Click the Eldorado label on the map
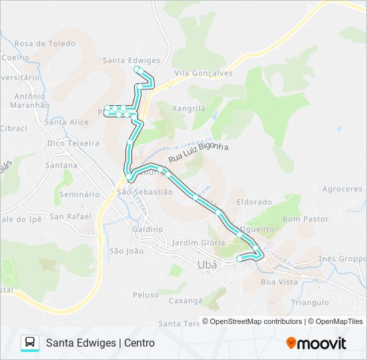coord(254,201)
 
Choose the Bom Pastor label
coord(306,219)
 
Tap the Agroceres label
coord(342,189)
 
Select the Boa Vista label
coord(279,282)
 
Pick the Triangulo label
coord(310,302)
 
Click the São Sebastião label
coord(144,191)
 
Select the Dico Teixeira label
coord(73,143)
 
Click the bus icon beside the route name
coord(30,343)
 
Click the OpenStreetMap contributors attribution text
coord(256,321)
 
